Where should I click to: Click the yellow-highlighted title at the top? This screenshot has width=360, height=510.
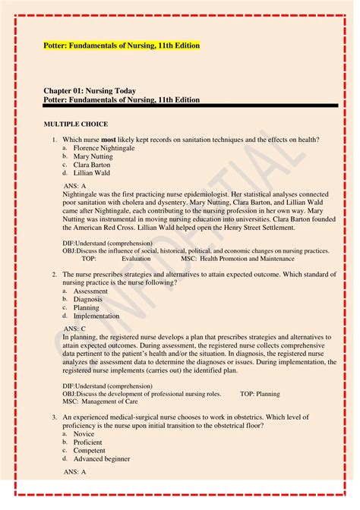122,46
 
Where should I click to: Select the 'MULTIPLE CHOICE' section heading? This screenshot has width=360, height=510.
76,124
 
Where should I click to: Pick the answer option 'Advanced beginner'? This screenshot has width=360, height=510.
102,458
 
